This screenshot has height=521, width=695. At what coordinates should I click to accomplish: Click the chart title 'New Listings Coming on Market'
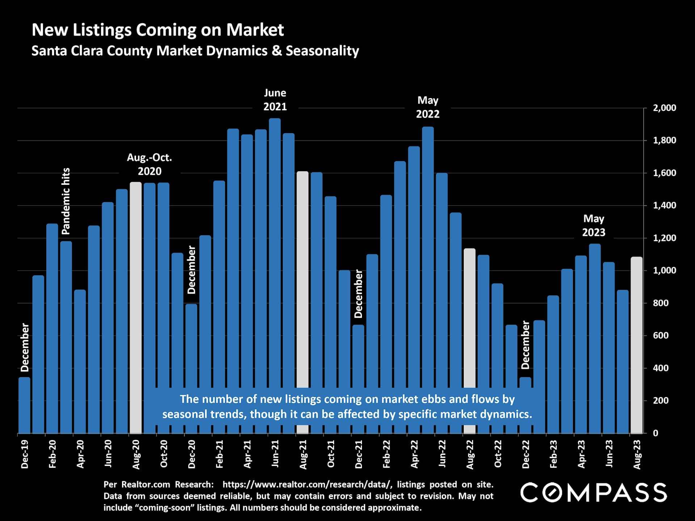[158, 30]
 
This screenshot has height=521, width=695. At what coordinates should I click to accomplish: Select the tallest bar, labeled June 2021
[275, 253]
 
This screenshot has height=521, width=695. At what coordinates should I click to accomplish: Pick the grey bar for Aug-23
[636, 344]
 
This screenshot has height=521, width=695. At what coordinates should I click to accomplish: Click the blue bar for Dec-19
[24, 405]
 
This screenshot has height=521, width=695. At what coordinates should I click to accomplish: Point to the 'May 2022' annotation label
[427, 107]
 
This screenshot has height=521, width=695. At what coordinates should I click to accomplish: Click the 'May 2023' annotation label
[594, 225]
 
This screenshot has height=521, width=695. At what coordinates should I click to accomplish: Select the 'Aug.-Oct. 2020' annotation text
[149, 164]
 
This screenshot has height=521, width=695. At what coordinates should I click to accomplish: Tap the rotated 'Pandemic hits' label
[66, 201]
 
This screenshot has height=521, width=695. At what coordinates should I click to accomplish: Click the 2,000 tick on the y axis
[664, 108]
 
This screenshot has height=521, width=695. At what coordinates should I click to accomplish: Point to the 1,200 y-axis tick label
[664, 238]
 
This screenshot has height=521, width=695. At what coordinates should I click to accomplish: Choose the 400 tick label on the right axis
[661, 368]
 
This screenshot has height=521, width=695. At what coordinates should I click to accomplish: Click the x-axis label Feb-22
[387, 454]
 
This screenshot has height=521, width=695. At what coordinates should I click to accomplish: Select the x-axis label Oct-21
[331, 454]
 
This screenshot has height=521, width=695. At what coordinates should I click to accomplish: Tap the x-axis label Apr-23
[581, 454]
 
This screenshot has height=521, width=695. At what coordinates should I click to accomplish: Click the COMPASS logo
[594, 492]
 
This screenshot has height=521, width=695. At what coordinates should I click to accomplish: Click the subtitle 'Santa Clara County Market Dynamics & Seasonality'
[195, 51]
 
